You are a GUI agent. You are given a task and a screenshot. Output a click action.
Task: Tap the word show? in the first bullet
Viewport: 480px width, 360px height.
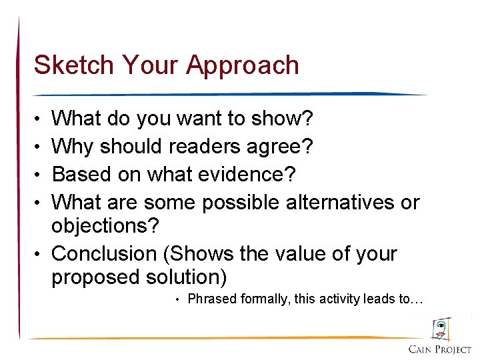pos(283,119)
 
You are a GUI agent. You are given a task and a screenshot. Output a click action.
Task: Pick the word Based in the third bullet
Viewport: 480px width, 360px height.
pos(79,174)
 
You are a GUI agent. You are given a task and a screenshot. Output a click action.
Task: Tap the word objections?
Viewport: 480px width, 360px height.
pos(105,226)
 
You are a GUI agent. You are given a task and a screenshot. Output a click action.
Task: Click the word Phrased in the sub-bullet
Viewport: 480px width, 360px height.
pos(212,299)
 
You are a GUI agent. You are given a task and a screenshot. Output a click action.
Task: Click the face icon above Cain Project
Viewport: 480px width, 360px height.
pos(441,329)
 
